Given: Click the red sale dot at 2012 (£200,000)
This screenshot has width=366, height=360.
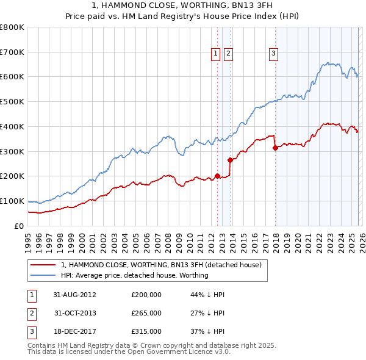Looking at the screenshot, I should [218, 176].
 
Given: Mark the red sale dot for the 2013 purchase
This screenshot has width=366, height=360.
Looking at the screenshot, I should [231, 160].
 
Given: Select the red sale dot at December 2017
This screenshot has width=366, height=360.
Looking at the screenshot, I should [275, 147].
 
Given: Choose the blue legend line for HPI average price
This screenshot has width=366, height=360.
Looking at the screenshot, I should [43, 275].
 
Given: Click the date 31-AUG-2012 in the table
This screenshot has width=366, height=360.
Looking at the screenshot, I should [74, 295].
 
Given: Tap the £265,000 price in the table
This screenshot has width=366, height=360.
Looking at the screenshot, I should [146, 313].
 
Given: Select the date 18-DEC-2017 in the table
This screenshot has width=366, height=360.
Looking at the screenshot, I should [74, 332].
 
